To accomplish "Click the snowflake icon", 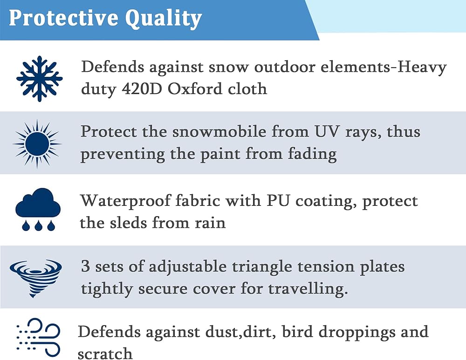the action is (x=39, y=79).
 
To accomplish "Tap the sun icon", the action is (x=37, y=144).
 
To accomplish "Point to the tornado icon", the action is (x=36, y=278).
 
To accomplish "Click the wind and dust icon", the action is (x=38, y=337).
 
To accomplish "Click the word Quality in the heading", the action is (x=163, y=19).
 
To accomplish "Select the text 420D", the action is (x=142, y=89).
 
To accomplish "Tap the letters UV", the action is (x=327, y=132).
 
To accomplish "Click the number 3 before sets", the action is (x=86, y=266).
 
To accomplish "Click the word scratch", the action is (x=105, y=353).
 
